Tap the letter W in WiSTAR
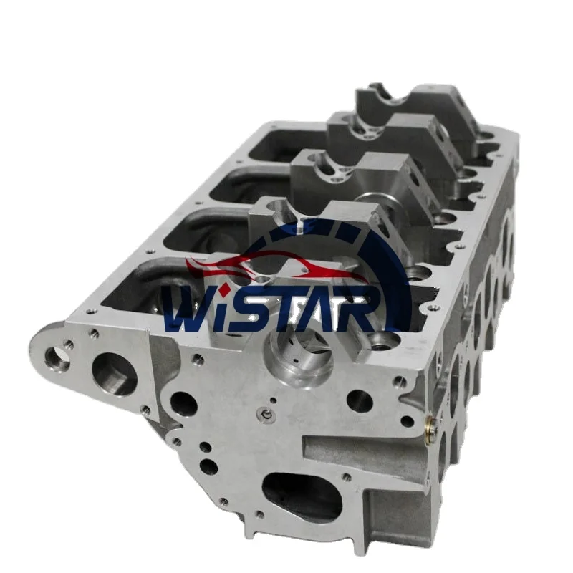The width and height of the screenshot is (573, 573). pos(188,311)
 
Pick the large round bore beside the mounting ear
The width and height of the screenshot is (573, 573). pos(114,374)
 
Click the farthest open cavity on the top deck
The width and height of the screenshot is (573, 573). pos(276,143)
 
